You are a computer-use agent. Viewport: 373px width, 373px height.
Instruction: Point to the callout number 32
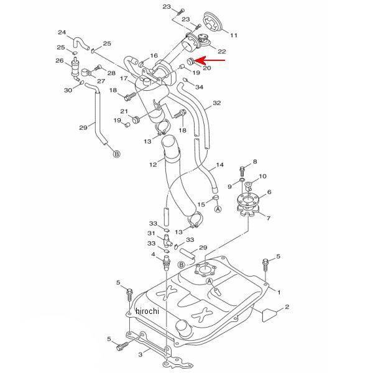(x=216, y=103)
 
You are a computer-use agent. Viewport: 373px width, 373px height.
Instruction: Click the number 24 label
(x=62, y=32)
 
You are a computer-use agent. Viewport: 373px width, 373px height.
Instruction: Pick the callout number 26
(x=60, y=60)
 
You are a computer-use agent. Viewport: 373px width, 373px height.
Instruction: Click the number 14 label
(x=220, y=166)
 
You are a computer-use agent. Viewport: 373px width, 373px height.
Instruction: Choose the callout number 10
(x=262, y=177)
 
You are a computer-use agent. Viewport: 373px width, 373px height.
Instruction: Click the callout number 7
(x=269, y=218)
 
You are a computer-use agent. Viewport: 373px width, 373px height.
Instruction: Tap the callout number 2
(x=287, y=306)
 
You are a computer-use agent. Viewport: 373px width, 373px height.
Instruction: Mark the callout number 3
(x=140, y=354)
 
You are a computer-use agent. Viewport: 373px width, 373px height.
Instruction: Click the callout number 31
(x=151, y=234)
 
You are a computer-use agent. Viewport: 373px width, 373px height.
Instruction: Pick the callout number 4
(x=152, y=254)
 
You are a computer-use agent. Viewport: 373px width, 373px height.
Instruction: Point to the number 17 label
(x=124, y=78)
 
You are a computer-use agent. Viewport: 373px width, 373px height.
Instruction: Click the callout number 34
(x=199, y=87)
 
